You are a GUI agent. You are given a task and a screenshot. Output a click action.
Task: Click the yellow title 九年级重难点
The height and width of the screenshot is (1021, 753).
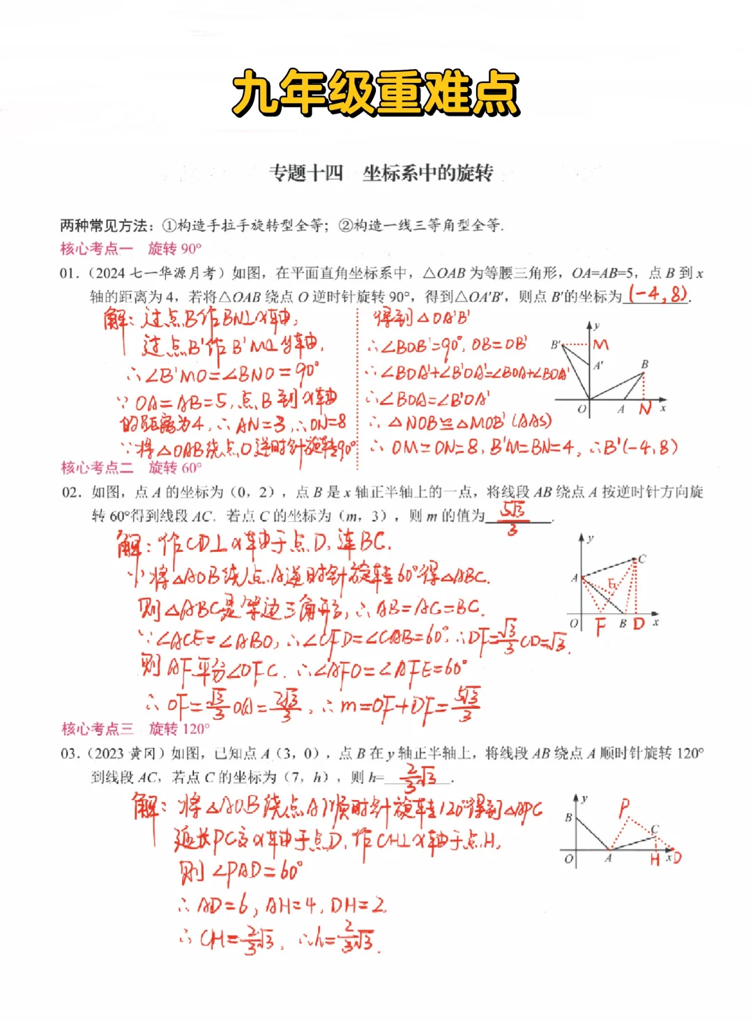coord(376,93)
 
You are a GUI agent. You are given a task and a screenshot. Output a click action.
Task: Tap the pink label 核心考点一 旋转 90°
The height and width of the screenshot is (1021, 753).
coord(131,249)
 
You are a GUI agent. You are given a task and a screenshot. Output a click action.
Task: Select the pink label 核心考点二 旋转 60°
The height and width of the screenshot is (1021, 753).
coord(131,468)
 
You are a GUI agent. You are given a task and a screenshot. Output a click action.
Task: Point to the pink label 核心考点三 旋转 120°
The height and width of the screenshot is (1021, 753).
coord(135,729)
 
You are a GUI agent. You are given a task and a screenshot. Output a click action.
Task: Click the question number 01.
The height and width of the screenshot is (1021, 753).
coord(68,273)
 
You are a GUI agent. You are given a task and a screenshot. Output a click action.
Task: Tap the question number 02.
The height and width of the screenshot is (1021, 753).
coord(71,493)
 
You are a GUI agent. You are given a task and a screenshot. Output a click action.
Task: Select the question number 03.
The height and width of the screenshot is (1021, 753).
coord(70,753)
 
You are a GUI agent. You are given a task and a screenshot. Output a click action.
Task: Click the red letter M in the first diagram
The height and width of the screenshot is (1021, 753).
coord(601,344)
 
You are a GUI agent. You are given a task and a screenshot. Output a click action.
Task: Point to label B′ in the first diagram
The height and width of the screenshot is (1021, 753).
coord(556,344)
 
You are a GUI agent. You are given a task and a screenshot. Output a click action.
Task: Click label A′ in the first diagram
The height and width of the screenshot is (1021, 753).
coord(598,365)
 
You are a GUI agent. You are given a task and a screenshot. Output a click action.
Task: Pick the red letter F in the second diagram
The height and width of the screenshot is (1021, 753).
coord(600,627)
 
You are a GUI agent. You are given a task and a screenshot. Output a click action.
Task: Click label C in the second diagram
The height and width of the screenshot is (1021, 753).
coord(642,558)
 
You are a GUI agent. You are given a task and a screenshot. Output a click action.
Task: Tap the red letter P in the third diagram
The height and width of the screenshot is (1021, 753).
coord(624,808)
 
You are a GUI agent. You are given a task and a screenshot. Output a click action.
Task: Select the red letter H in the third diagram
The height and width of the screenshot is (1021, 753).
coord(655,859)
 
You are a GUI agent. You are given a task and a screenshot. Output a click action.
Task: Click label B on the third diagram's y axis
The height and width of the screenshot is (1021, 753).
coord(569,817)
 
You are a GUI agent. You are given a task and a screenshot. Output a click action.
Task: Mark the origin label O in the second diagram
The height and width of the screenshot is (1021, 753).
coord(573,623)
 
